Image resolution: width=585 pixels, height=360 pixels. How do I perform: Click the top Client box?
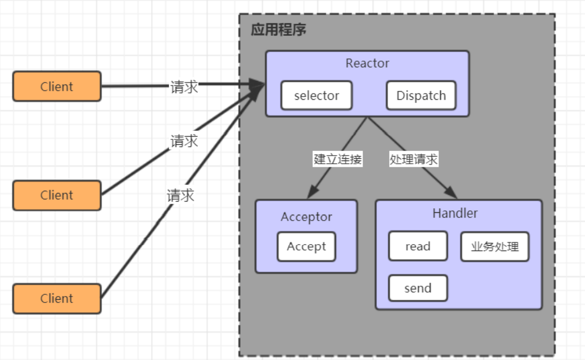pos(57,86)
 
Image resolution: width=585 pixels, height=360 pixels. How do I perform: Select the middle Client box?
pos(57,195)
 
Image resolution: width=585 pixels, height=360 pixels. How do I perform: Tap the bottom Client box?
pos(57,299)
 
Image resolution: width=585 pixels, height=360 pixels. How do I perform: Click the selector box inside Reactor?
pos(317,95)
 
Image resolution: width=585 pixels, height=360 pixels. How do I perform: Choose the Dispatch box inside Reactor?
pos(421,95)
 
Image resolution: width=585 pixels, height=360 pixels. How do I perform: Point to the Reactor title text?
pos(367,63)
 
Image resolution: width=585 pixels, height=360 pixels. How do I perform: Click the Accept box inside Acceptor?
pos(306,247)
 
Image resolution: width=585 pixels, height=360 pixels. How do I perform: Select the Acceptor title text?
pos(306,217)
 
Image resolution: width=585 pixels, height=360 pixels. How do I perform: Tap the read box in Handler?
pos(417,246)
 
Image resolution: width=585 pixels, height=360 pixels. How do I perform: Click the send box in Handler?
pos(417,288)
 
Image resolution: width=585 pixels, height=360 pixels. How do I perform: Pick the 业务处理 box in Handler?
pos(494,247)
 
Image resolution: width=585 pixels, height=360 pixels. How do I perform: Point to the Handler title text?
pos(455,214)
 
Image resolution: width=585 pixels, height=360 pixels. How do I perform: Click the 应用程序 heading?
pos(278,30)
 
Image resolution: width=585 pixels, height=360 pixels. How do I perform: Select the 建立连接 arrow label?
pos(337,159)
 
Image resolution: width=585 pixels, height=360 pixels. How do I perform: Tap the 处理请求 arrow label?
pos(414,159)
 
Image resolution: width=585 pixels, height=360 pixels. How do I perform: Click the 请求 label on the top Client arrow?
pos(184,87)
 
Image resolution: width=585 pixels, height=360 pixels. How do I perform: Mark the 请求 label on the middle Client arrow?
pos(184,142)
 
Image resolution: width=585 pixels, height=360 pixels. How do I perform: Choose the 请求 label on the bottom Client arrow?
pos(181,195)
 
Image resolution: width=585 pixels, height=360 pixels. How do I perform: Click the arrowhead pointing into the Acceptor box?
pos(312,192)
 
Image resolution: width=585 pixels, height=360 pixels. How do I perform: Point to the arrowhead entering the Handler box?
pos(451,193)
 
